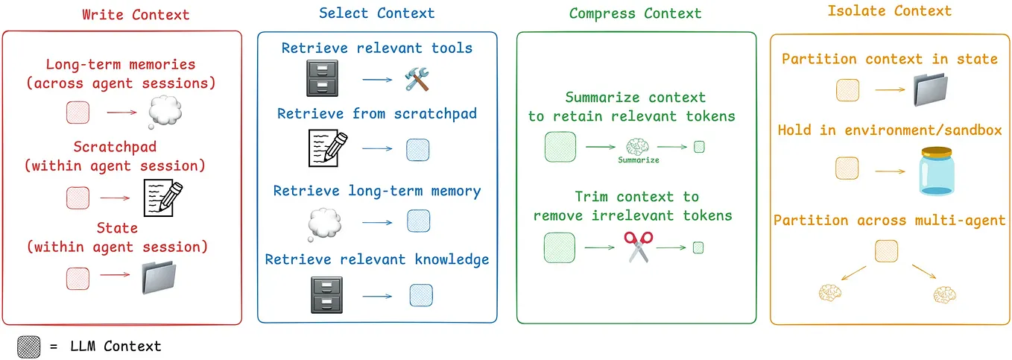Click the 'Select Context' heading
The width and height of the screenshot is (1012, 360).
click(376, 13)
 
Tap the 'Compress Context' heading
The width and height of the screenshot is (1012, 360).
click(635, 13)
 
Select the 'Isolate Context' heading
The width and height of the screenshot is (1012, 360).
click(890, 11)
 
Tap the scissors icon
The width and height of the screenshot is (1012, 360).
click(638, 247)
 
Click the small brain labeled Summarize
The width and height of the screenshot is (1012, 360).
click(638, 146)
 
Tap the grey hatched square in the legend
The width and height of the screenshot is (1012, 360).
click(28, 347)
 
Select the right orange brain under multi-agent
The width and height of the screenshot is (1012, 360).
click(944, 295)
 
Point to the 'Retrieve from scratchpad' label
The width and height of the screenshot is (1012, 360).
click(377, 114)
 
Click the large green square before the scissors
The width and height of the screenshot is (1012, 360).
click(560, 247)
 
